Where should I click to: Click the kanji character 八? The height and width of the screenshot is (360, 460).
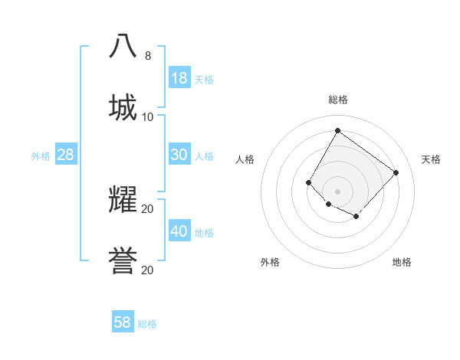123,45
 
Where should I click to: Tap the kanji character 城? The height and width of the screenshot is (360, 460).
123,106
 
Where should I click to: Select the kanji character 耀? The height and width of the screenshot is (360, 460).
123,199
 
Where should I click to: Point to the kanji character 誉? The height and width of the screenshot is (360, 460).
123,260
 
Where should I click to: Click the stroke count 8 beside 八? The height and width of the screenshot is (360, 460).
148,55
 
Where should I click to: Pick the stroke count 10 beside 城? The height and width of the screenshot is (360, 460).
148,116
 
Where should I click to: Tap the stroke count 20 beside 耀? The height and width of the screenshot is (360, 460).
148,208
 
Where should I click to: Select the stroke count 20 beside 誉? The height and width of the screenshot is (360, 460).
148,270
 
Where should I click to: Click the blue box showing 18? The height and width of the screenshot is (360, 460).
179,77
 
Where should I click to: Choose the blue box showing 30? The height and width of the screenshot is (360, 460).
179,155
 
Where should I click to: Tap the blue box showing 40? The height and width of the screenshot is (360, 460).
179,231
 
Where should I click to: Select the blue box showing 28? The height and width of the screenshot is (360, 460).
66,155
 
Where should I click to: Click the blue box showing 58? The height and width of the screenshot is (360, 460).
123,322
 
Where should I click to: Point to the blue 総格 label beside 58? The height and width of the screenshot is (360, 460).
147,324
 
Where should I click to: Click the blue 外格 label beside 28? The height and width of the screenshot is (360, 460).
41,156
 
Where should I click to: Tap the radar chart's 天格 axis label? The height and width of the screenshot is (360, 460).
431,159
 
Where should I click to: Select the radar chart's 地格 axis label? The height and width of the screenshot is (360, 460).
402,262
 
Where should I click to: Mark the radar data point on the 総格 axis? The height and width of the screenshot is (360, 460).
337,130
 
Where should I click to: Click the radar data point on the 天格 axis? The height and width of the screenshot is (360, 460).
396,172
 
